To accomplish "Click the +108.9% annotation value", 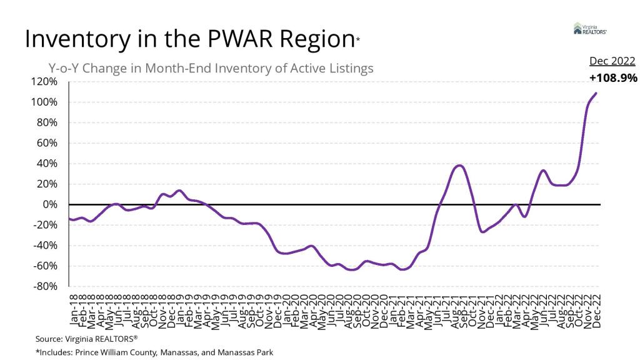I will [612, 78].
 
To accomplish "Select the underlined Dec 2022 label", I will [612, 61].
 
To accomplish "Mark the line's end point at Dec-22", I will [596, 93].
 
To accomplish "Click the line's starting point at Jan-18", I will [69, 218].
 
